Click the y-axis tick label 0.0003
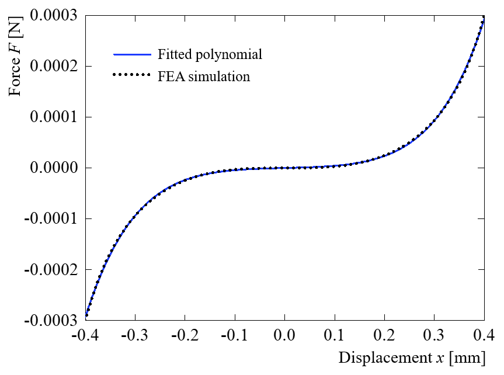[54, 15]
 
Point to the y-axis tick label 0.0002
[54, 66]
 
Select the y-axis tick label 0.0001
[54, 117]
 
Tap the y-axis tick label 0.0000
[54, 168]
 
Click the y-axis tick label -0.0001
[52, 218]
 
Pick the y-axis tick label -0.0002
[52, 269]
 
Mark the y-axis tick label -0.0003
[52, 320]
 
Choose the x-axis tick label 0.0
[284, 336]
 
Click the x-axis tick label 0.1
[335, 336]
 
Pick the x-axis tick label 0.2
[384, 336]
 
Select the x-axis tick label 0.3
[435, 336]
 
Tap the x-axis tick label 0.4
[484, 336]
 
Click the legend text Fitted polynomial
[210, 55]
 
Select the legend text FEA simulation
[203, 76]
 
